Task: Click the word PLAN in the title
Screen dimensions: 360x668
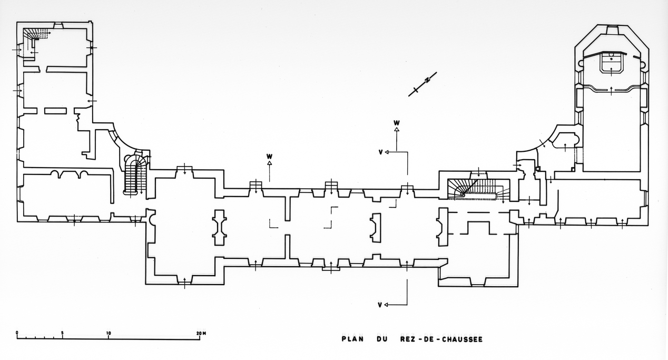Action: tap(352, 339)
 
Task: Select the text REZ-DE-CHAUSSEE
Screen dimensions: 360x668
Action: tap(438, 339)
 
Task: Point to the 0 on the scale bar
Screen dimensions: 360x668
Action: tap(17, 333)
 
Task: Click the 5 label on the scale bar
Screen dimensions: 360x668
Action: tap(63, 333)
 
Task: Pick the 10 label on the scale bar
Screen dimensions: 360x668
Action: tap(109, 333)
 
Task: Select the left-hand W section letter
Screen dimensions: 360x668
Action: tap(269, 156)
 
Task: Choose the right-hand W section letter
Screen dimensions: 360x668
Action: tap(397, 122)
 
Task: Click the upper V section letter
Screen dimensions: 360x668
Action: tap(380, 152)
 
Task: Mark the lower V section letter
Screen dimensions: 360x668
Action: tap(380, 305)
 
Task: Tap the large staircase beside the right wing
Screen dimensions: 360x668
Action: tap(477, 188)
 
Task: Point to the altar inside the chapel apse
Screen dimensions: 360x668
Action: tap(611, 63)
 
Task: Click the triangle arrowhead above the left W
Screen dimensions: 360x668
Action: tap(269, 163)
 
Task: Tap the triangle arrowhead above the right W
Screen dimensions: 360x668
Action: tap(397, 129)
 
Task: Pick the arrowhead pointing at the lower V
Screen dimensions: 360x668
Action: tap(387, 305)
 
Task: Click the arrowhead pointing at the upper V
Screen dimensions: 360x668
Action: tap(387, 152)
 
